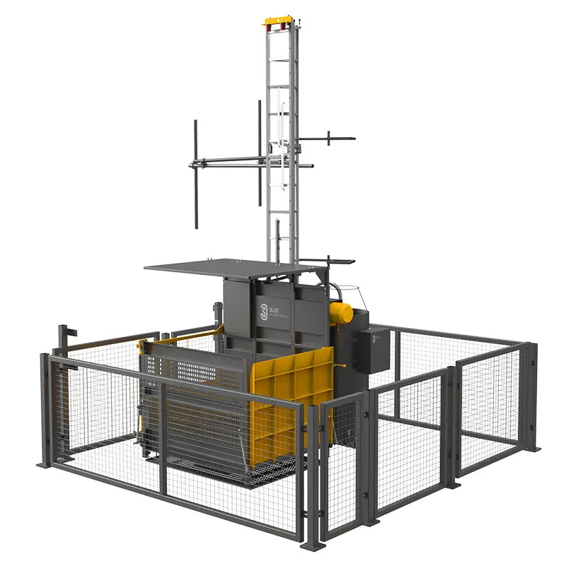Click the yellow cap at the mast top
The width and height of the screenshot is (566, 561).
277,21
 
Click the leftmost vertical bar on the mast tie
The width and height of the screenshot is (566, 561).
196,173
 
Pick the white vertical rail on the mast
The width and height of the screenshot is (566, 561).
285,148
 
